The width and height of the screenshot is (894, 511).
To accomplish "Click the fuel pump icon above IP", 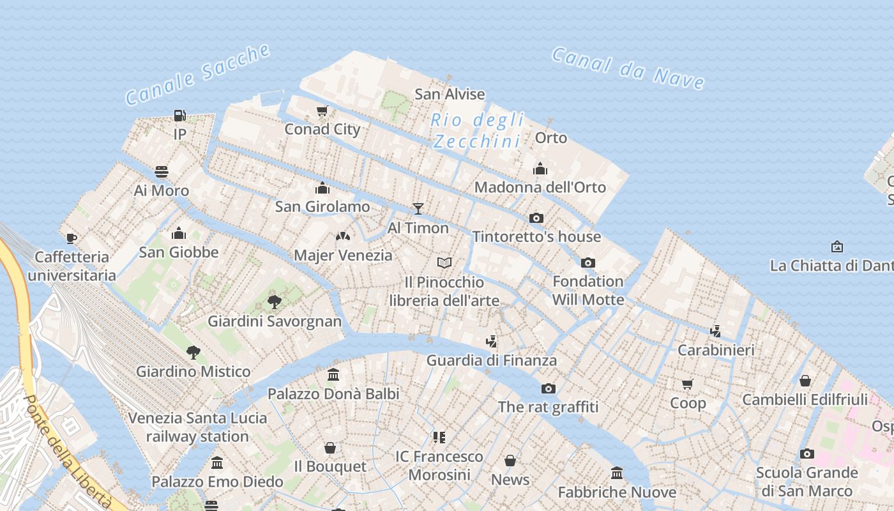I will tap(180, 116).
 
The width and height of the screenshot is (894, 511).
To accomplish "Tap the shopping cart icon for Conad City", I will tap(322, 111).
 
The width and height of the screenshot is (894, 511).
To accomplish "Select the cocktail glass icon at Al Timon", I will tap(418, 208).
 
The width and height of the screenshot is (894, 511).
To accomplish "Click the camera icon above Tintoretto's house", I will tap(536, 218).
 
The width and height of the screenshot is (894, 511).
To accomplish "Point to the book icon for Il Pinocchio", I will tap(444, 263).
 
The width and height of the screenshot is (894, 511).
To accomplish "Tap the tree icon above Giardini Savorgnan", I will tap(275, 301).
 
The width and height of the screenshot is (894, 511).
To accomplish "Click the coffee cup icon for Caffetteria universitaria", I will tap(72, 238).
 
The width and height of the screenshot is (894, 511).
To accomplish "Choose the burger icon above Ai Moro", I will tap(162, 172).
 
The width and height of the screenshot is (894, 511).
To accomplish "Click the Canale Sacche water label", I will tap(198, 74).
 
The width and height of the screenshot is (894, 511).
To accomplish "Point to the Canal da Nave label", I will tap(628, 68).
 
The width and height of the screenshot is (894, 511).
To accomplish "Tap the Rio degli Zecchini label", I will tap(478, 130).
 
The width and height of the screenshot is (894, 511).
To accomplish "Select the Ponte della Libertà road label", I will tap(67, 450).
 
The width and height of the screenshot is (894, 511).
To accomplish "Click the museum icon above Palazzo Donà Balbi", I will tap(333, 375).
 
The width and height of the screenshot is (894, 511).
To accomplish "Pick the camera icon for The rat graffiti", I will tap(548, 388).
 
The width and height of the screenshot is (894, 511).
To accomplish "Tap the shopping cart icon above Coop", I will tap(688, 384).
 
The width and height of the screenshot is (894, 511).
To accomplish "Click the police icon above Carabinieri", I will tap(716, 331).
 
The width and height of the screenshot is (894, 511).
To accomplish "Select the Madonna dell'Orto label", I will tap(540, 187).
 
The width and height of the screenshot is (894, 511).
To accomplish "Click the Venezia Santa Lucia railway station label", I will tap(197, 427).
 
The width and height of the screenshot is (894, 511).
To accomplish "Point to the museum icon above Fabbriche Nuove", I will tap(617, 473).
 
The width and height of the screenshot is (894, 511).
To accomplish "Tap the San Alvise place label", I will tap(450, 94).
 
